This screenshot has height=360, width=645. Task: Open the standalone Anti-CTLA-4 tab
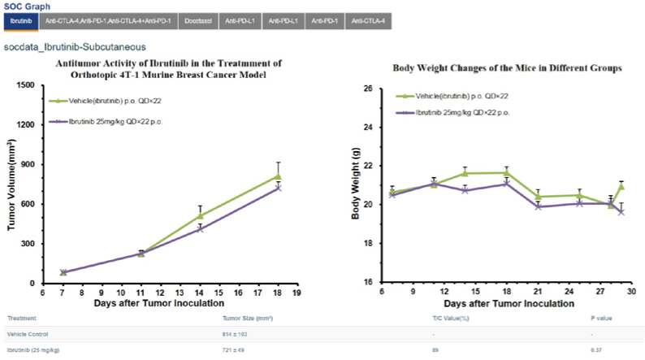click(x=369, y=20)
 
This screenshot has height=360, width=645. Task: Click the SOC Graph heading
click(x=27, y=6)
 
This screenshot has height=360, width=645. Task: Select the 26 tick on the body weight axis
click(x=367, y=88)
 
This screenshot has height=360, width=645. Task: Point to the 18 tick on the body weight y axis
click(x=367, y=243)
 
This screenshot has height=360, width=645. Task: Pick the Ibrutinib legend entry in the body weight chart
click(x=463, y=112)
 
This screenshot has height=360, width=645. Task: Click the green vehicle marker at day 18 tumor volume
click(x=278, y=176)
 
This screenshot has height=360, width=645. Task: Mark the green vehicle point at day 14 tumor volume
click(x=200, y=215)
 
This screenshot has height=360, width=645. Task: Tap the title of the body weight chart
click(x=508, y=69)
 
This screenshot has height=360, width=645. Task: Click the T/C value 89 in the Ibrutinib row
click(x=436, y=349)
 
